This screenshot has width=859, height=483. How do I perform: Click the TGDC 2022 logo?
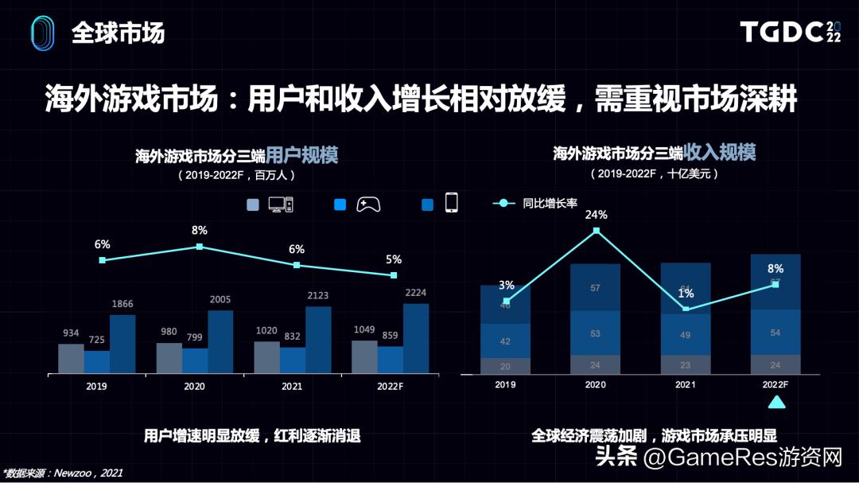(790, 32)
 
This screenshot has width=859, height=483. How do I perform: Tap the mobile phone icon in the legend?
(451, 203)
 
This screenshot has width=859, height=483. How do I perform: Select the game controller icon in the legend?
(367, 204)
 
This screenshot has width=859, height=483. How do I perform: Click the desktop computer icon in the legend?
(281, 204)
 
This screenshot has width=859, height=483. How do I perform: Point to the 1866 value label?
(122, 304)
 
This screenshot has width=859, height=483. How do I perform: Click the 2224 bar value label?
(416, 292)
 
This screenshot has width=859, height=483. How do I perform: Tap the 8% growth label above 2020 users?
(199, 231)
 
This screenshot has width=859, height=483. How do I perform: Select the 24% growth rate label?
(597, 215)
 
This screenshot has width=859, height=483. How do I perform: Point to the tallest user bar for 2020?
(220, 341)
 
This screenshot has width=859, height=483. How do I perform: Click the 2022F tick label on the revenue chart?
(775, 385)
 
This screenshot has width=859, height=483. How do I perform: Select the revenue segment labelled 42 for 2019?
(505, 341)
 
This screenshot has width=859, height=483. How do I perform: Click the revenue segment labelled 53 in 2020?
(595, 333)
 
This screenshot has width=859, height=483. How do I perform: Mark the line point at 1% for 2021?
(686, 309)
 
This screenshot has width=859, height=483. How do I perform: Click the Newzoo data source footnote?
(63, 473)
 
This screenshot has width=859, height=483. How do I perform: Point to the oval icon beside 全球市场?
(42, 33)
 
